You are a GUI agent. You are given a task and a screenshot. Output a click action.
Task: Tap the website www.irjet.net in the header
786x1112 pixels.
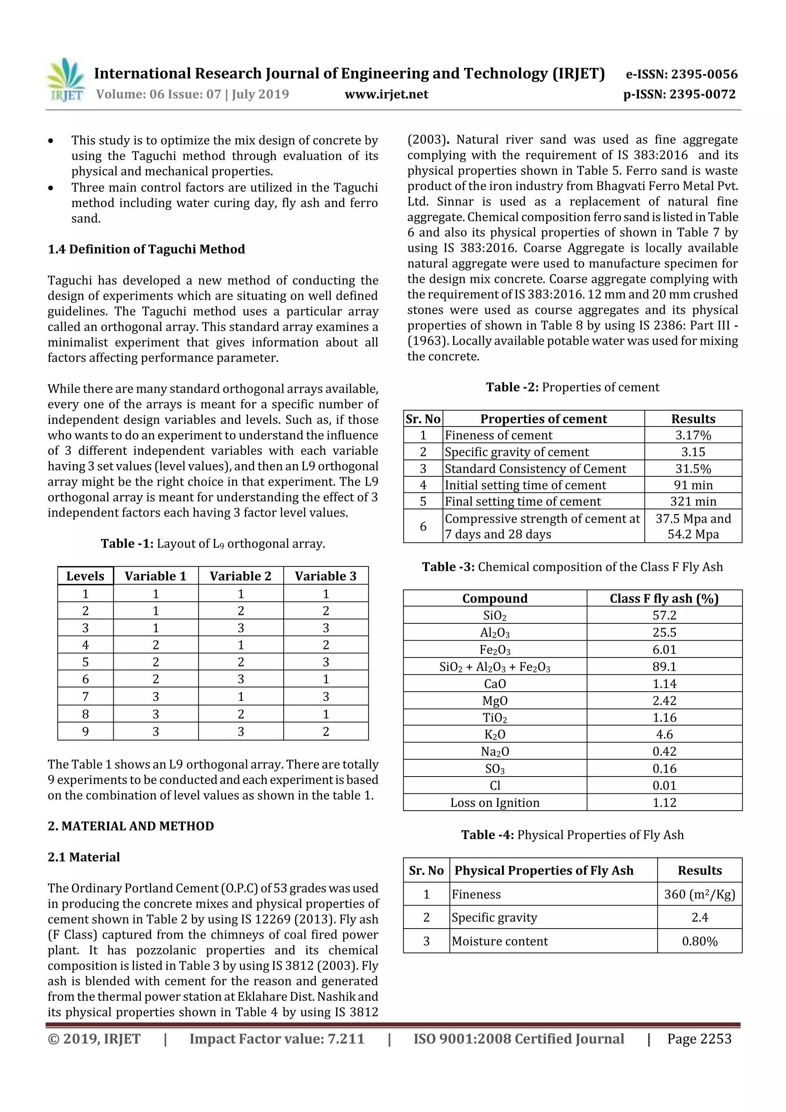(386, 94)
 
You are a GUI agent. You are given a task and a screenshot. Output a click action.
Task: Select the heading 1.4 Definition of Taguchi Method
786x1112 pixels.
(146, 249)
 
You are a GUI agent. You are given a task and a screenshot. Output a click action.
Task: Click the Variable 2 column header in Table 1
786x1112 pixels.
(240, 576)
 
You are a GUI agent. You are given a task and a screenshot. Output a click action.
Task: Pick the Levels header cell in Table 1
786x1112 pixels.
(85, 576)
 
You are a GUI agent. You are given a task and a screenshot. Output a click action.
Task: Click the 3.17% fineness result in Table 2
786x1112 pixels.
(693, 435)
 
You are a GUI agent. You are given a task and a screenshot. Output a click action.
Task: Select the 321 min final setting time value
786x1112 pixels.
(693, 501)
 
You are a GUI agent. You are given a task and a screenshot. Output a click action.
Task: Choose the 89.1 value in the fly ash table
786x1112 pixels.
(664, 666)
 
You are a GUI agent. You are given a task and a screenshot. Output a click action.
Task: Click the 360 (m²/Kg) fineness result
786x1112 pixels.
(699, 894)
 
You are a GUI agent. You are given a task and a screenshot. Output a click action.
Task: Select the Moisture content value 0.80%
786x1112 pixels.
(699, 941)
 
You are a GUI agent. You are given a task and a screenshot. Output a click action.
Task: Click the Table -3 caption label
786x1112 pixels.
(448, 567)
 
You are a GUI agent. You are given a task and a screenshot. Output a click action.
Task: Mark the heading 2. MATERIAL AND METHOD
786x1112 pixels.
(131, 826)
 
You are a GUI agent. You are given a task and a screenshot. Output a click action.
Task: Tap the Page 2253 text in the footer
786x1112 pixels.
(699, 1038)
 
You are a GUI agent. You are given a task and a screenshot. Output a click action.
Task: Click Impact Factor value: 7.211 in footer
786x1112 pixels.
(277, 1038)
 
